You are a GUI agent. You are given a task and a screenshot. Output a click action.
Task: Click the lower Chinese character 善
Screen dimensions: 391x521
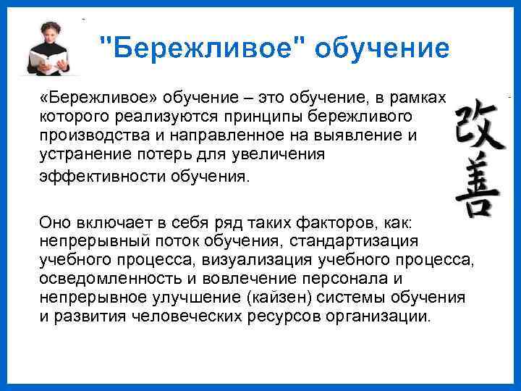click(477, 185)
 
